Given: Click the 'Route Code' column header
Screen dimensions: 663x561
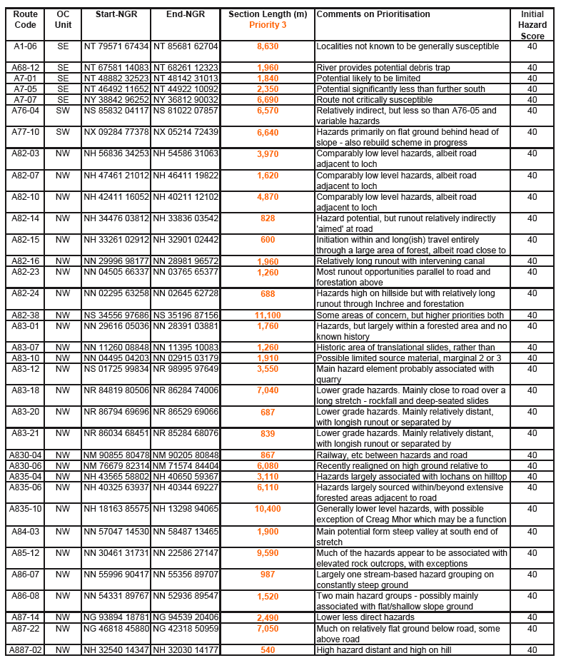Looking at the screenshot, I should tap(25, 19).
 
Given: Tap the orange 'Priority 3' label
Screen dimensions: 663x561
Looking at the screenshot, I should tap(268, 25).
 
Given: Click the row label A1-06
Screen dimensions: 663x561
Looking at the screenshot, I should tap(25, 46).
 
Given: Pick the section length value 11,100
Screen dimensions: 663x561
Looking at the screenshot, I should tap(268, 315).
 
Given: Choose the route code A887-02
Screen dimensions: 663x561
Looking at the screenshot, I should tap(25, 649).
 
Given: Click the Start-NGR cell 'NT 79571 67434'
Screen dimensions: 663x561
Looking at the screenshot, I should tap(116, 46).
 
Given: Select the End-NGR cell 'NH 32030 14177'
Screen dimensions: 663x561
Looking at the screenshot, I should tap(186, 649).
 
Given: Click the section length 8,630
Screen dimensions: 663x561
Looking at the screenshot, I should tap(268, 46).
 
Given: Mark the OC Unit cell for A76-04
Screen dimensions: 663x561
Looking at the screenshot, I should tap(63, 111).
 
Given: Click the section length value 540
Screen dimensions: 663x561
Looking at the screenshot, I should tap(268, 649).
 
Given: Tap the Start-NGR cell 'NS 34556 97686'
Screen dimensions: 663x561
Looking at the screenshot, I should tap(116, 315).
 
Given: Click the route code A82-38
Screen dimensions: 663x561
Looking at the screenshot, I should tap(25, 315).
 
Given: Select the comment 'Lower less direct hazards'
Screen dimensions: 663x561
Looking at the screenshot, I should tap(365, 617).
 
